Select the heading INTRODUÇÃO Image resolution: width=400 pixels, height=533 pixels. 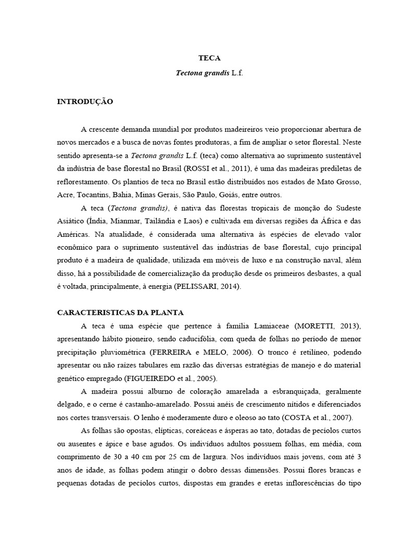click(85, 101)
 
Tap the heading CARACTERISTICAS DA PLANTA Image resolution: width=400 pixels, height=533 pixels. click(120, 313)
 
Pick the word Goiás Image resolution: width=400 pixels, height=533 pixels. click(237, 195)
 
